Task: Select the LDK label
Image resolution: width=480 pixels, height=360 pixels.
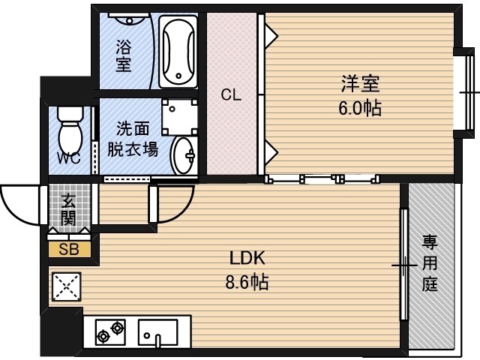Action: pyautogui.click(x=248, y=259)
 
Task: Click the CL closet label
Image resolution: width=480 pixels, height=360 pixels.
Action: pyautogui.click(x=230, y=95)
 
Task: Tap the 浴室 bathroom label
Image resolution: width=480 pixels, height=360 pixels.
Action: pyautogui.click(x=123, y=55)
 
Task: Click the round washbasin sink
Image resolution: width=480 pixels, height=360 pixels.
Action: pyautogui.click(x=182, y=156)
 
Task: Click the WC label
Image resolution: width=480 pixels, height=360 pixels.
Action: pyautogui.click(x=70, y=159)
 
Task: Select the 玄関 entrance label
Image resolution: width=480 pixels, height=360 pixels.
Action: pyautogui.click(x=68, y=209)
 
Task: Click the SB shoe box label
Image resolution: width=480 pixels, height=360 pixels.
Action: pyautogui.click(x=69, y=250)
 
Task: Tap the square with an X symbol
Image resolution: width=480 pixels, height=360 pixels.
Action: pyautogui.click(x=65, y=285)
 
